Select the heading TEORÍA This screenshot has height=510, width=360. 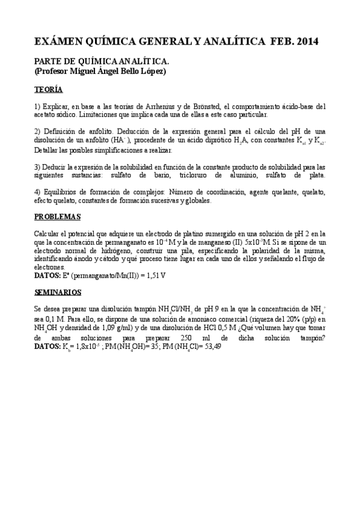click(48, 90)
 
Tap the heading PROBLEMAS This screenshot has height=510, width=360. click(57, 216)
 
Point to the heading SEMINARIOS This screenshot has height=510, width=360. click(58, 292)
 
